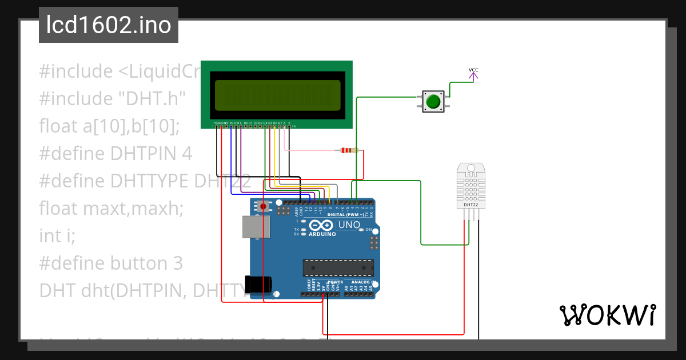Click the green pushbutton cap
(433, 102)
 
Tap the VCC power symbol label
(473, 70)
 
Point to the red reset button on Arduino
(263, 206)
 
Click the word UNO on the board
(349, 225)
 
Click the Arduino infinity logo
(319, 225)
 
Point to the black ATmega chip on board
(338, 267)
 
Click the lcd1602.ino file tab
(109, 25)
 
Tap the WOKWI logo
(607, 315)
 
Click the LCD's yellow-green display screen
(277, 95)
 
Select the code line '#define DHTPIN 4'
(115, 154)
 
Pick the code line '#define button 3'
(111, 263)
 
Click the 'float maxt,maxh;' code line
(111, 208)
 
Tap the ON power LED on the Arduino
(368, 230)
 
